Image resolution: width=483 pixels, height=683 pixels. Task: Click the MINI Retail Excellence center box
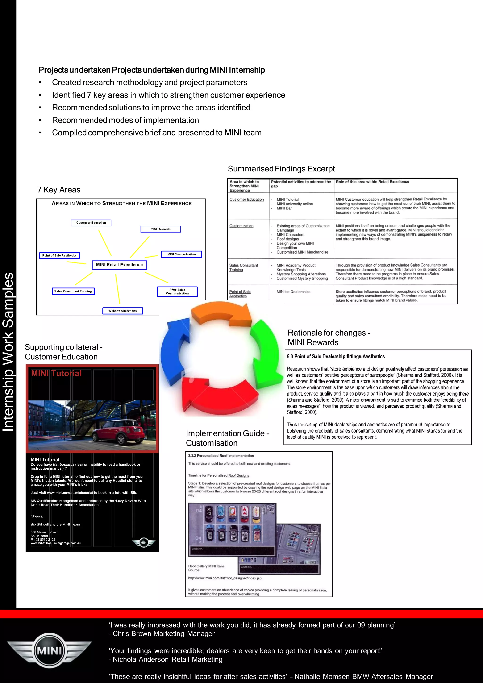(x=119, y=265)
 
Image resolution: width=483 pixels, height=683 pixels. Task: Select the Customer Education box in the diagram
(x=91, y=223)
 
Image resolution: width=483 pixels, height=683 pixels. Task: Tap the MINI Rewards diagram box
(x=160, y=229)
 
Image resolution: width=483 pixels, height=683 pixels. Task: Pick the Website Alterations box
(x=123, y=311)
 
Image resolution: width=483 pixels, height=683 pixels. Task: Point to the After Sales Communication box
(x=177, y=292)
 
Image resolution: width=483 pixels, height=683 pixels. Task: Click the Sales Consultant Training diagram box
(x=73, y=291)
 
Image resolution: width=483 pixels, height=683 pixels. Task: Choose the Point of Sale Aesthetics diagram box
(x=59, y=255)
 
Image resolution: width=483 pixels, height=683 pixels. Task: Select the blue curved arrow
(x=174, y=351)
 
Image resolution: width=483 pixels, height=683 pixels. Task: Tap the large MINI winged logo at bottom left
(x=49, y=650)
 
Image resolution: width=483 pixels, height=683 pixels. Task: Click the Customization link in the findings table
(x=241, y=226)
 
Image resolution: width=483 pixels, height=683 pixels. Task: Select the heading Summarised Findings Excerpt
(x=281, y=169)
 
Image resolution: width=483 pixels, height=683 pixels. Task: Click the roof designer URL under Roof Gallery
(x=225, y=578)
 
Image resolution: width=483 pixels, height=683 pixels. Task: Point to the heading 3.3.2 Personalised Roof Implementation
(x=221, y=456)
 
